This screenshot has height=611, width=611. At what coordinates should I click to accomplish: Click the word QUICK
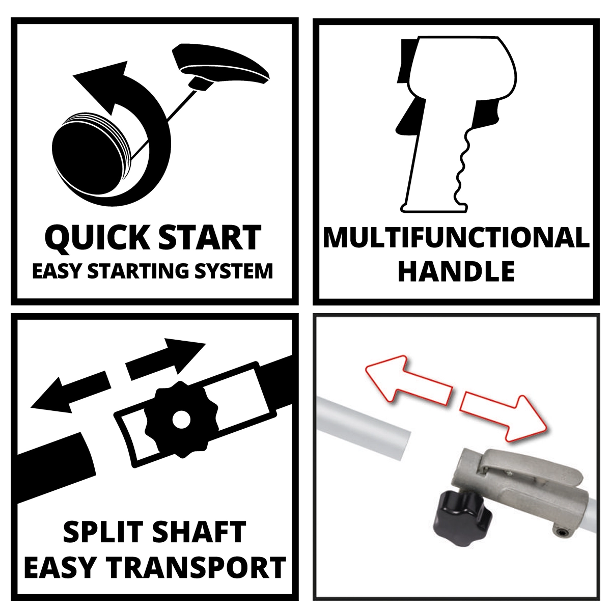(x=96, y=238)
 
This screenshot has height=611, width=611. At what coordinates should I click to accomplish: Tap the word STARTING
(x=138, y=271)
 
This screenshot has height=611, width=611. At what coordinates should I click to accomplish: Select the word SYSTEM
(x=233, y=271)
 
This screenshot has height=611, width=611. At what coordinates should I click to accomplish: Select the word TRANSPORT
(x=196, y=567)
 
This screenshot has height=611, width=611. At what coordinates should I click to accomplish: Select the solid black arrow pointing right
(x=165, y=359)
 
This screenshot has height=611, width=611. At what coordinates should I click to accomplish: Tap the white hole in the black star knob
(x=181, y=419)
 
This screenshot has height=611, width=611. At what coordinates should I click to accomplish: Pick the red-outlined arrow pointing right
(x=505, y=418)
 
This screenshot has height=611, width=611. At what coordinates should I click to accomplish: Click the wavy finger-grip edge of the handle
(x=462, y=166)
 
